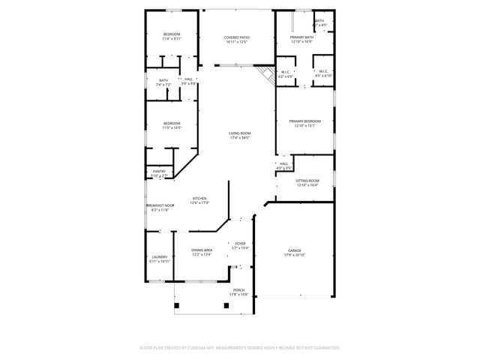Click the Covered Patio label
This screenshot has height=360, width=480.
[x=236, y=40]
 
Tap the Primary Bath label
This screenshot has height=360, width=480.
[x=302, y=40]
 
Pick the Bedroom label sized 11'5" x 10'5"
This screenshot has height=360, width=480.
[x=172, y=125]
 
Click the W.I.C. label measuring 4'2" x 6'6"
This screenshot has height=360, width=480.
[x=286, y=74]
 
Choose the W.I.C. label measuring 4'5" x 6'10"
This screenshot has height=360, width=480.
[x=322, y=74]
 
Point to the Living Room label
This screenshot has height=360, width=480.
[x=239, y=136]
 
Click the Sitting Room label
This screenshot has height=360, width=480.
[x=307, y=182]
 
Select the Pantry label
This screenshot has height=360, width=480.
[x=159, y=173]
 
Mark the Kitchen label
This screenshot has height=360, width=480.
[x=199, y=200]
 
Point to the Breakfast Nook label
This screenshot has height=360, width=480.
[x=159, y=207]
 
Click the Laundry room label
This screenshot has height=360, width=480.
[x=160, y=259]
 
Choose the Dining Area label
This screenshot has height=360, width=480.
[x=201, y=252]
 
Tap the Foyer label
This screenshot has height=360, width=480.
[x=240, y=245]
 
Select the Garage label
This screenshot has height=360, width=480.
[x=295, y=252]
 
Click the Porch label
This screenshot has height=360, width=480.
[x=238, y=292]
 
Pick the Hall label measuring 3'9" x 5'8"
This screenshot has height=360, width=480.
[x=188, y=81]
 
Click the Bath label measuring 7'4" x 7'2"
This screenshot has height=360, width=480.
[x=163, y=82]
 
